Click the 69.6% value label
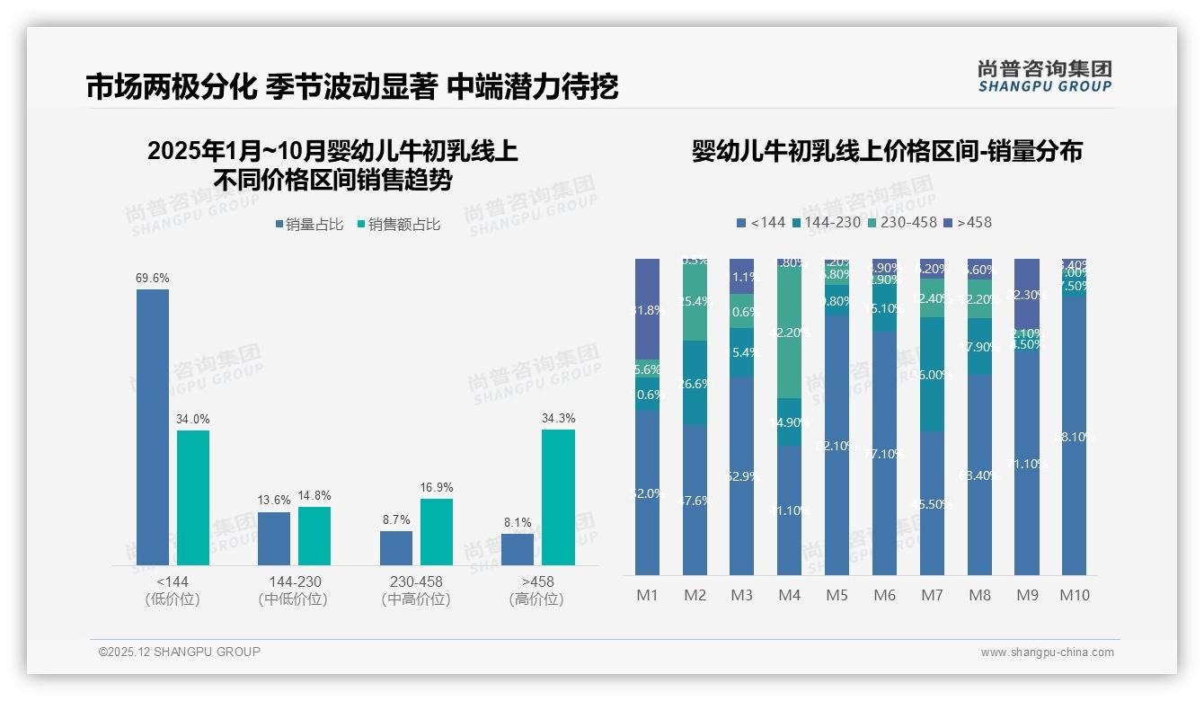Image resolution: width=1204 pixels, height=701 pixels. coord(153,279)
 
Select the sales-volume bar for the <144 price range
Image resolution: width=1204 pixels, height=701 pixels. coord(153,427)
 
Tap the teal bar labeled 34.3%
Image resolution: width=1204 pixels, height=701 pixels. coord(558,497)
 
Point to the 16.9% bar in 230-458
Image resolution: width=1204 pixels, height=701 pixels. coord(437,531)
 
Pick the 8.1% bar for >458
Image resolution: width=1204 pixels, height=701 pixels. coord(518,549)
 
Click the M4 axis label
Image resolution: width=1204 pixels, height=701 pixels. coord(789,595)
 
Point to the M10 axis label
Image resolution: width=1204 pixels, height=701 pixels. coord(1074,595)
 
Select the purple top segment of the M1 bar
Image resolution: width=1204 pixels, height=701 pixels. coord(647,308)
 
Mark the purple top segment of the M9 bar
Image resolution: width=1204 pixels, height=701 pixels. coord(1026,295)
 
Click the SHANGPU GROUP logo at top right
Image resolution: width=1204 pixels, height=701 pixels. coord(1044,76)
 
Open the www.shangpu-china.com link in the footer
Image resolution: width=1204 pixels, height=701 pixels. coord(1047,652)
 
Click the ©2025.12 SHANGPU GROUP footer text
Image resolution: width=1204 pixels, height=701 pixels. coord(180,652)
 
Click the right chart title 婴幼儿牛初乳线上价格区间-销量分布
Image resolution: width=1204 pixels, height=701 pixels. coord(887,151)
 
